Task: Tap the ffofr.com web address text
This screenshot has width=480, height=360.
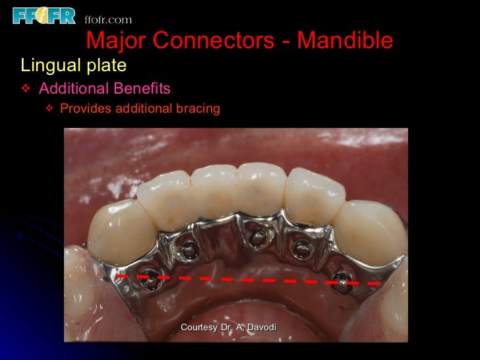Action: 108,19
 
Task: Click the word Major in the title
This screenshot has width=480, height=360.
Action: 114,41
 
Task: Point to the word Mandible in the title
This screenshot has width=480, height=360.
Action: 345,41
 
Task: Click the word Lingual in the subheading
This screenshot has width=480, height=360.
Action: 47,66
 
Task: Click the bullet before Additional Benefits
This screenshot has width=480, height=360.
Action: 26,88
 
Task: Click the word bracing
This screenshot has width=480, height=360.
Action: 197,109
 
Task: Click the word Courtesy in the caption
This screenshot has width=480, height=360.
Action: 200,328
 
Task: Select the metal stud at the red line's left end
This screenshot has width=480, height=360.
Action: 151,278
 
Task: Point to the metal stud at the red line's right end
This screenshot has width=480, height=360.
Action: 342,278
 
